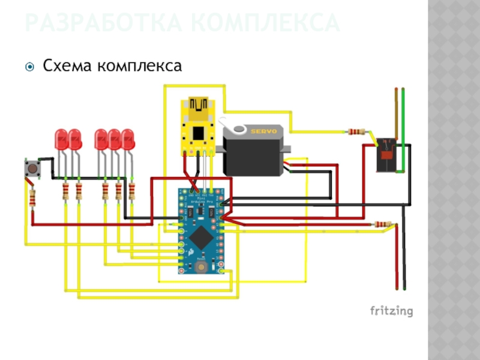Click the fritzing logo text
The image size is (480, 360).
point(391,311)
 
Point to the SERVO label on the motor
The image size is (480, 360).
point(263,130)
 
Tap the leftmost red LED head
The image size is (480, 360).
point(61,139)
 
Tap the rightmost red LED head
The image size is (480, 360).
point(127,139)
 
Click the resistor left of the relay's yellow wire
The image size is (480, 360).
point(357,132)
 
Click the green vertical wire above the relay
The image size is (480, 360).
point(403,114)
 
